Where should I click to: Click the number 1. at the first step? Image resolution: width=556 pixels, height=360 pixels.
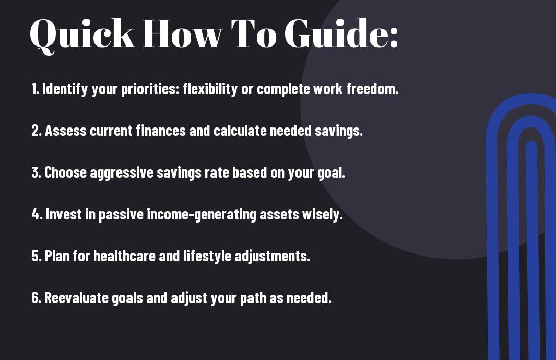coord(35,89)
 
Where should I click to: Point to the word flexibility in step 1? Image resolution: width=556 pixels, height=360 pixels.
coord(210,89)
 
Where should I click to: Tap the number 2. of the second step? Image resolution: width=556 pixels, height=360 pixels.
coord(37,131)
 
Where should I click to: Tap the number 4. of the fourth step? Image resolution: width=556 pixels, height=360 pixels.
coord(37,214)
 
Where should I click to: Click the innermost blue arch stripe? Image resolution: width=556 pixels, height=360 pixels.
coord(532,249)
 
